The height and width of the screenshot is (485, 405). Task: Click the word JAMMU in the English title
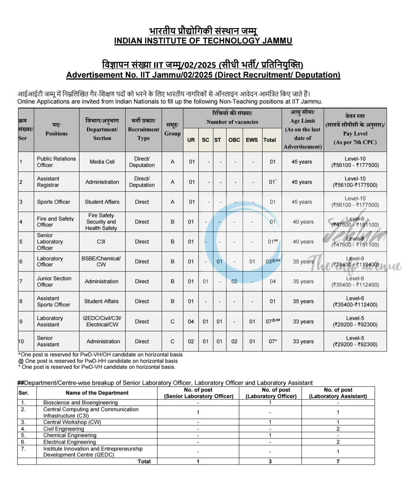pos(277,41)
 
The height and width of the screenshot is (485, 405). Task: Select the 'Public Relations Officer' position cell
pos(56,162)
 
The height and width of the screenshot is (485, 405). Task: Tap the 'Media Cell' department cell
pos(102,162)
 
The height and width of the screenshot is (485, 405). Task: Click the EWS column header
pos(252,140)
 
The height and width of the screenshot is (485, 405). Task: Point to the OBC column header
pos(234,140)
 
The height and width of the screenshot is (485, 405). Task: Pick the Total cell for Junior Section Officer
pos(273,281)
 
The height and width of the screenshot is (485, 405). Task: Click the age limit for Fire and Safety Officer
pos(303,222)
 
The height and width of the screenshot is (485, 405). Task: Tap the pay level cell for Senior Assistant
pos(355,341)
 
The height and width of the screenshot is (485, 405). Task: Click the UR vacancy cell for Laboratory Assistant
pos(191,321)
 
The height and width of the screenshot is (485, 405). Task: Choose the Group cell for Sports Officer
pos(172,202)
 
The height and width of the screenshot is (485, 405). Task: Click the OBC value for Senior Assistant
pos(234,341)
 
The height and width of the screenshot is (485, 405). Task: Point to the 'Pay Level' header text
pos(355,134)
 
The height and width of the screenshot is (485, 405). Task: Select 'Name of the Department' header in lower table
pos(97,393)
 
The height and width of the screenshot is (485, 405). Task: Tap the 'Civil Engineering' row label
pos(63,429)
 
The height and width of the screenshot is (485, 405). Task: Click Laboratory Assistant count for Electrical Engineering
pos(338,442)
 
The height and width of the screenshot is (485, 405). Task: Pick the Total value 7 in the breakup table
pos(338,461)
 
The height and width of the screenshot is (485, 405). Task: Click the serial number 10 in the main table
pos(21,341)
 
